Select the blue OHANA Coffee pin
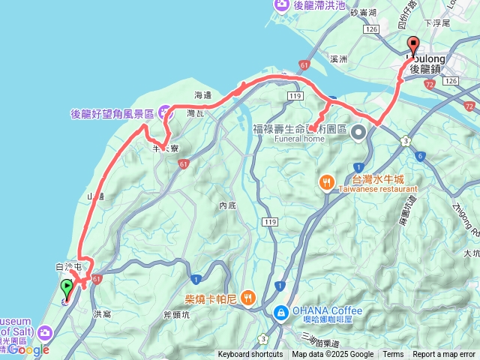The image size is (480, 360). click(280, 310)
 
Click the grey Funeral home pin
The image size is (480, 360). click(358, 133)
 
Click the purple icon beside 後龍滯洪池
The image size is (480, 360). click(282, 5)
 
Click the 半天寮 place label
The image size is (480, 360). click(164, 148)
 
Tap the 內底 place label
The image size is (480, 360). click(227, 205)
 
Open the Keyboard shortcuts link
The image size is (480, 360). click(250, 355)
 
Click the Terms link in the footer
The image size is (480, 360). click(393, 355)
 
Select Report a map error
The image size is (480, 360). click(445, 355)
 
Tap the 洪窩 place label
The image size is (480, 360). click(102, 313)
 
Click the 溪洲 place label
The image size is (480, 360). click(339, 58)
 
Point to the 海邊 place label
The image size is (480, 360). click(203, 95)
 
